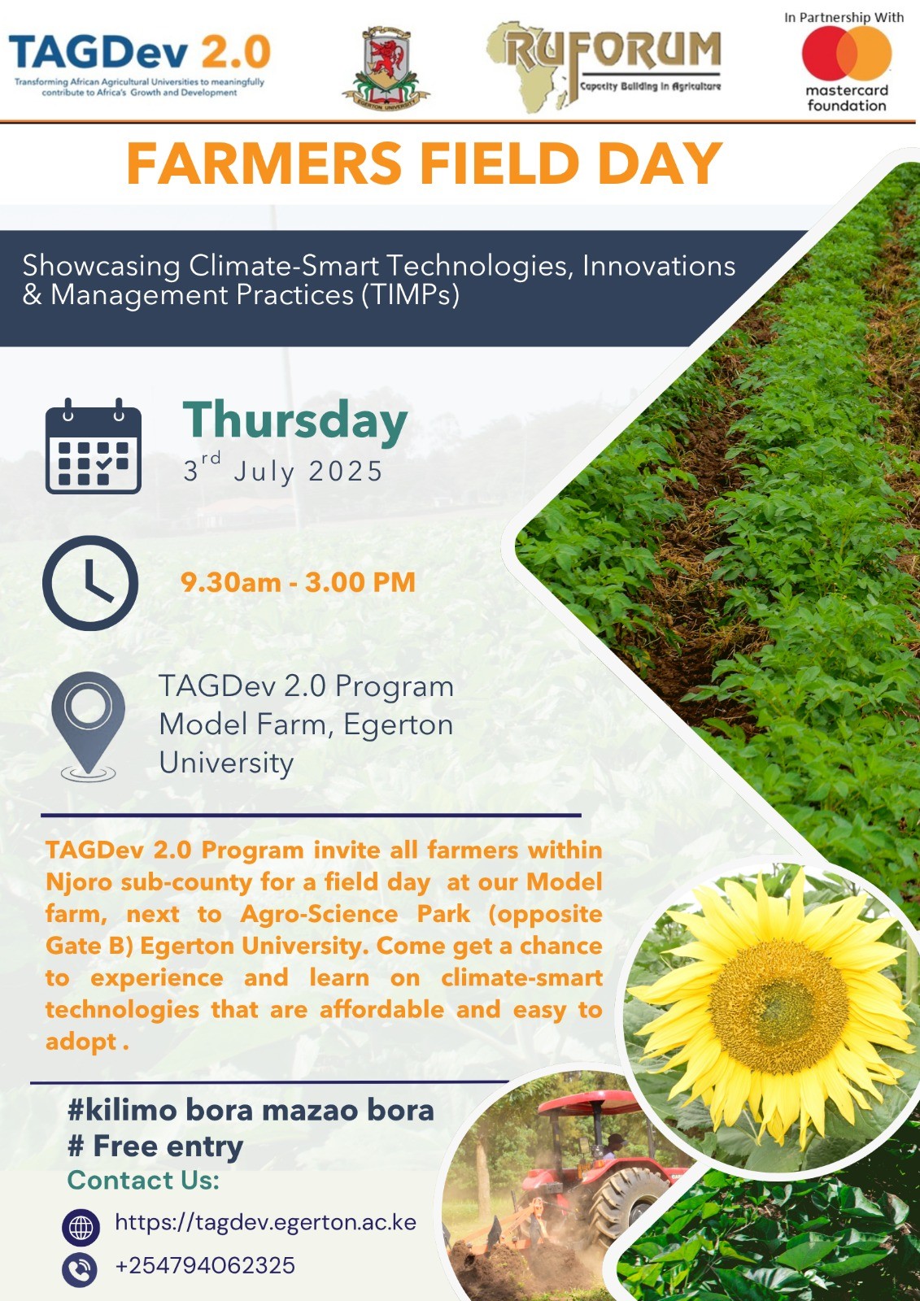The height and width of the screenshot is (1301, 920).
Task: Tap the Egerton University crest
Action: click(x=386, y=68)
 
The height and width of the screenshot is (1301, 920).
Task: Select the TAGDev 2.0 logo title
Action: click(x=140, y=52)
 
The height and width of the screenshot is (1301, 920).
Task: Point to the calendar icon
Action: click(x=94, y=446)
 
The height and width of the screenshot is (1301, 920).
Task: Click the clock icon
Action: click(x=90, y=582)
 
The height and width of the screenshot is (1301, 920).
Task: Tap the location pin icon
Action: click(x=89, y=725)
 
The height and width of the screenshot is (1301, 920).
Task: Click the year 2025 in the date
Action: click(x=345, y=471)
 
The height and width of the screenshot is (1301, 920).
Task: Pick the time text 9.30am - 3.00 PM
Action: click(x=299, y=582)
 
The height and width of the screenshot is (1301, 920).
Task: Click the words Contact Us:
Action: click(x=143, y=1180)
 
